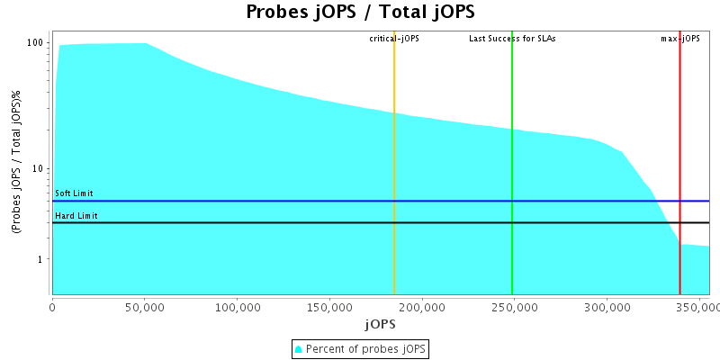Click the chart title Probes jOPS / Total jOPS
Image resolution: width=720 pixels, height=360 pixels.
click(x=360, y=12)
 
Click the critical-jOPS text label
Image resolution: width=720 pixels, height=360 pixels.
click(x=394, y=39)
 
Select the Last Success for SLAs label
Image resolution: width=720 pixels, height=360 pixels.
click(x=512, y=39)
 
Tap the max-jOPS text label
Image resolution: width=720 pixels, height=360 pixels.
click(x=680, y=39)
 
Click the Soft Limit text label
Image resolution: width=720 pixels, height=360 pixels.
click(x=74, y=193)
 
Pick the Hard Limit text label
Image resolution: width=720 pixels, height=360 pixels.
click(x=76, y=216)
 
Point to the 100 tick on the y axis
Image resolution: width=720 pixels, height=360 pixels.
click(x=36, y=42)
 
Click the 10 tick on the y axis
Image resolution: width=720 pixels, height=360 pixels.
click(x=39, y=168)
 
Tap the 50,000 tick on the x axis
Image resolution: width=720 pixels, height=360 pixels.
click(x=145, y=307)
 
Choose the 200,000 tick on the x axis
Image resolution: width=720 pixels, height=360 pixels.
click(x=422, y=307)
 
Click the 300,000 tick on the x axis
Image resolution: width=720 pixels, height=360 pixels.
click(x=607, y=307)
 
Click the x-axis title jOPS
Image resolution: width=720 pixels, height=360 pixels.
click(x=380, y=323)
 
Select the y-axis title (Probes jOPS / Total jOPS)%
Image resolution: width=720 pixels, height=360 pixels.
click(x=16, y=162)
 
